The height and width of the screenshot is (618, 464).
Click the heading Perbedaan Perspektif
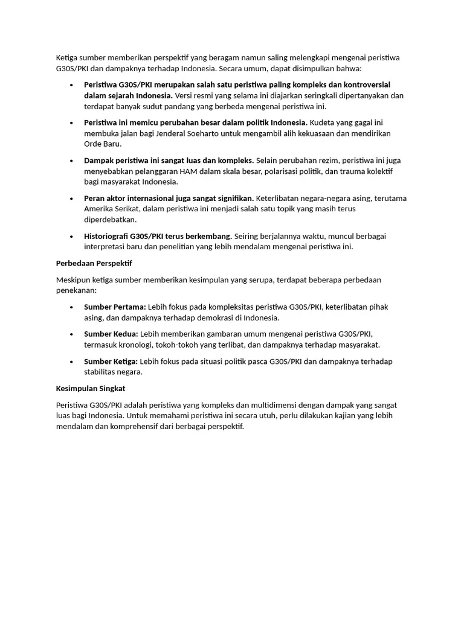click(94, 263)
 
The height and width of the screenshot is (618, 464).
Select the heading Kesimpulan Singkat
click(90, 388)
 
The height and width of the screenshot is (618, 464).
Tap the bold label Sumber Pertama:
click(115, 307)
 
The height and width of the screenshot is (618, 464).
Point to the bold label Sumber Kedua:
click(111, 334)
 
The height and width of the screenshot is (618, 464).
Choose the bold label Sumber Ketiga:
click(111, 361)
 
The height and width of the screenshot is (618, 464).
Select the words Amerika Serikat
click(112, 209)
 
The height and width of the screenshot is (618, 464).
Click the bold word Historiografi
click(106, 236)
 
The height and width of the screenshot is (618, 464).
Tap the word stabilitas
click(100, 372)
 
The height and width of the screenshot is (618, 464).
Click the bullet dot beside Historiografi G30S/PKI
click(71, 236)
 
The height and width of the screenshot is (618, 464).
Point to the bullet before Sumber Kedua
click(71, 334)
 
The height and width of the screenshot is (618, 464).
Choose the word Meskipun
click(73, 279)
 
